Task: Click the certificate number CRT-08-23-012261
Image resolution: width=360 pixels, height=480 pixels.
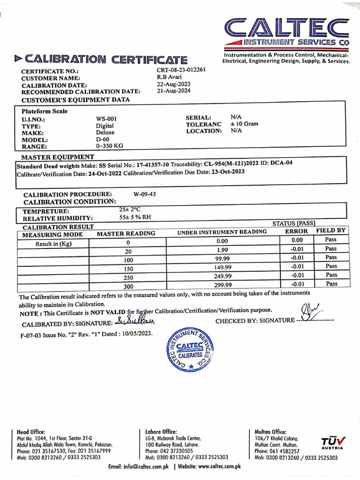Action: [x=181, y=70]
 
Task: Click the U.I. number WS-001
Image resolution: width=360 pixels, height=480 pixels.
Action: [x=106, y=119]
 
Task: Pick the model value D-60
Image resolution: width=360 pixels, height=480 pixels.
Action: [x=102, y=139]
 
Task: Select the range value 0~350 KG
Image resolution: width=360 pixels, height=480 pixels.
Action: [x=109, y=146]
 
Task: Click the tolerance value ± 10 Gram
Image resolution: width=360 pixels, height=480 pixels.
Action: [x=244, y=124]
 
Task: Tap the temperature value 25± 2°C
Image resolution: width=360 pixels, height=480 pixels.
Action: [x=130, y=210]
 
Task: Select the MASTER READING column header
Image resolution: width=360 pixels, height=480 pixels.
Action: [x=126, y=233]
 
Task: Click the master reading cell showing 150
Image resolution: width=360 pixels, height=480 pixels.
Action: [x=127, y=269]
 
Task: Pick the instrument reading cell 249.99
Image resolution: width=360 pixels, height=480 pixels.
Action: [x=223, y=277]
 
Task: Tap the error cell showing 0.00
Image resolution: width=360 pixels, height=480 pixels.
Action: [x=298, y=240]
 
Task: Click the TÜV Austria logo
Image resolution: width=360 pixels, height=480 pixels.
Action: [x=333, y=442]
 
